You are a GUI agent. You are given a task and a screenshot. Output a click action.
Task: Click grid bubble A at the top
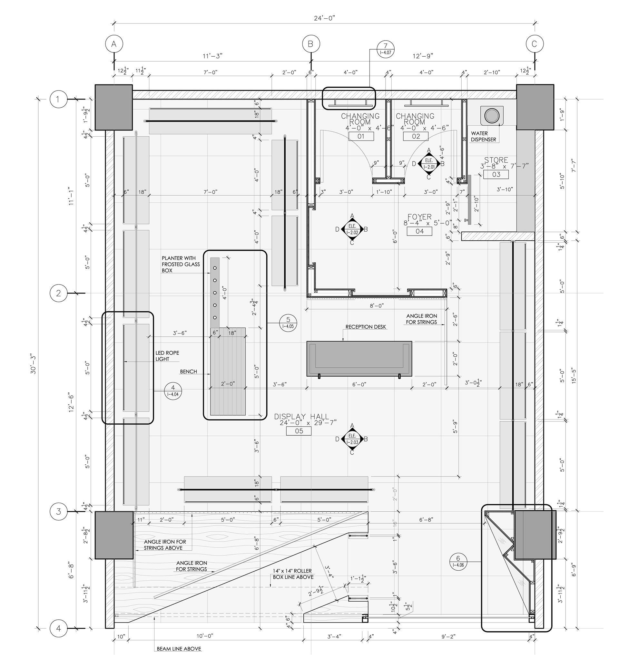(114, 44)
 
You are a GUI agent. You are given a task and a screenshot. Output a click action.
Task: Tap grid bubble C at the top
(534, 44)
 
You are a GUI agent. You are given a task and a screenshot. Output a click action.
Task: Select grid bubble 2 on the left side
(59, 293)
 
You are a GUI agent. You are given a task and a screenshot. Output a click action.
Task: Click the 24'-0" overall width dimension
(324, 18)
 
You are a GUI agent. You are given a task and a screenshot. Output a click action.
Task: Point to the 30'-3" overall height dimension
(34, 363)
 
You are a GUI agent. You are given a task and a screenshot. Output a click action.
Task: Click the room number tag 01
(361, 136)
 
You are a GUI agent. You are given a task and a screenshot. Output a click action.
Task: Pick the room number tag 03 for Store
(496, 174)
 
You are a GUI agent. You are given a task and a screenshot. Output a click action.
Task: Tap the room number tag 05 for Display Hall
(299, 431)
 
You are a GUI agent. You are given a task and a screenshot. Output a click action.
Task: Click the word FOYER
(419, 217)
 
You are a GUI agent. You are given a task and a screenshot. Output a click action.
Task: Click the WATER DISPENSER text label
(483, 136)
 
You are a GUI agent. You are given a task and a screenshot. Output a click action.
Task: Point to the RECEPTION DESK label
(366, 327)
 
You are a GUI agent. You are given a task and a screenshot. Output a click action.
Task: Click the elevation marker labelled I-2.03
(352, 439)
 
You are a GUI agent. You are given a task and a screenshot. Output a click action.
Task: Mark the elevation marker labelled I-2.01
(429, 164)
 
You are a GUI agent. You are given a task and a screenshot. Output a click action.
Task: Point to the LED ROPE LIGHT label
(167, 356)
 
